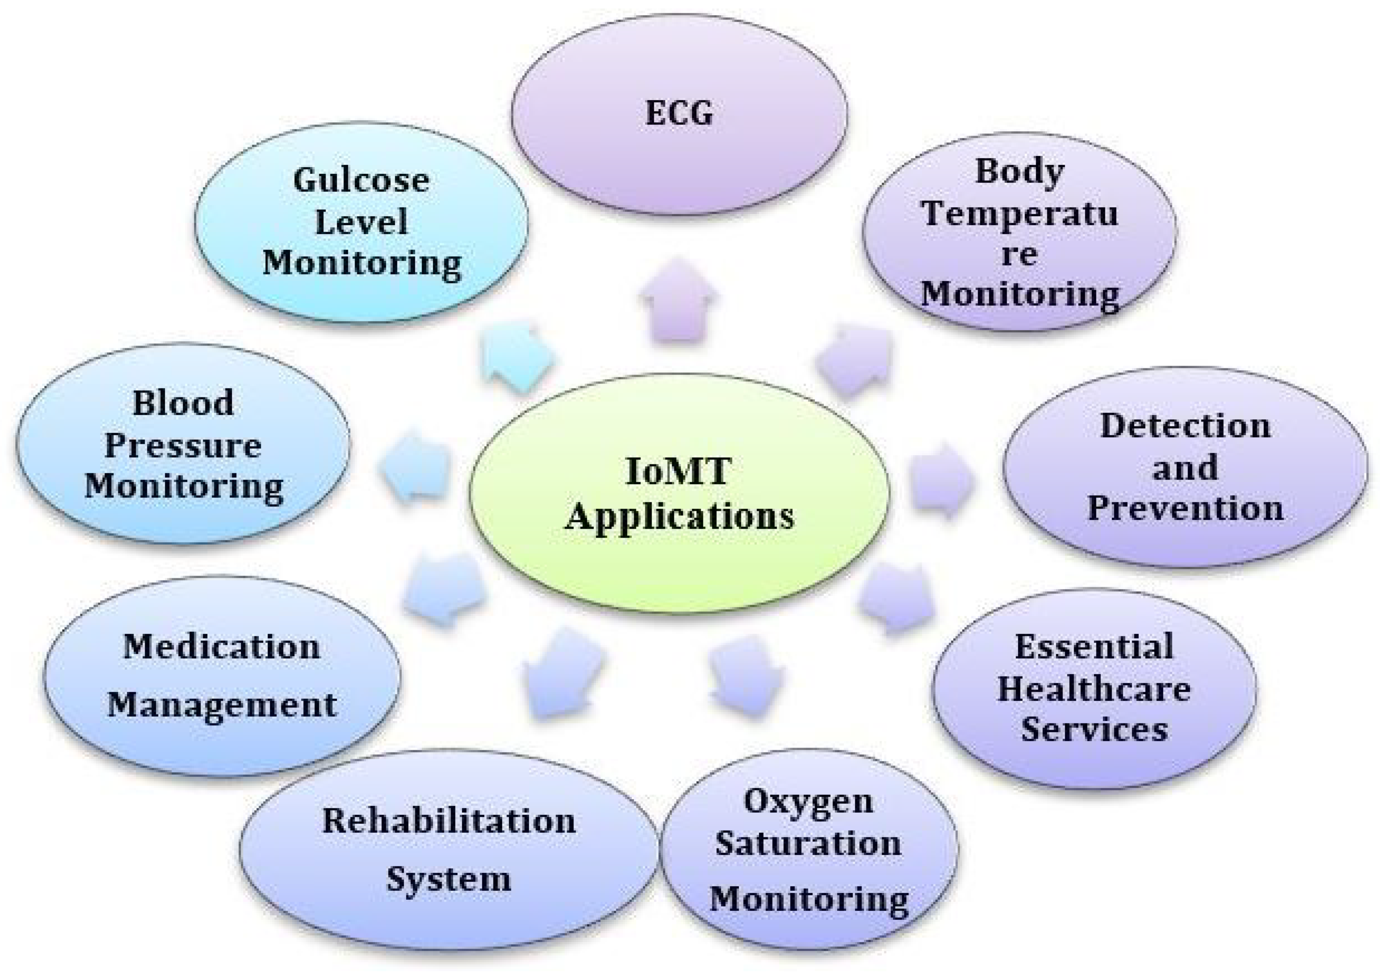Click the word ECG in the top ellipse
(679, 113)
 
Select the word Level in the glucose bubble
(361, 221)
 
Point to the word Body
(1020, 171)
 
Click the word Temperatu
(1020, 213)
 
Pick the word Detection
(1185, 426)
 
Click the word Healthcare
(1094, 689)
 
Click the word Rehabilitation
(448, 820)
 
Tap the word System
(448, 879)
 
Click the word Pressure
(183, 445)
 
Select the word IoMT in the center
(678, 471)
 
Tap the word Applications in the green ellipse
(679, 516)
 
